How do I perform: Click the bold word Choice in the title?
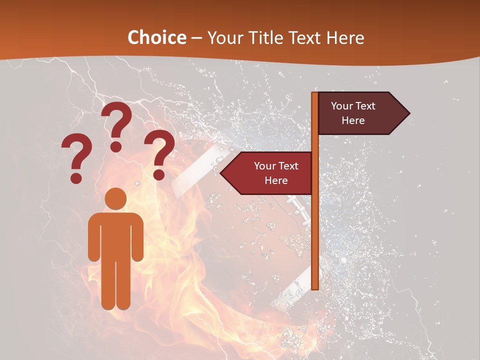click(156, 37)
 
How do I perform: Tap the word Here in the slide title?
click(345, 37)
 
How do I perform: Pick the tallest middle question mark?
click(117, 125)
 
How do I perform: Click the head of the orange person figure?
click(115, 198)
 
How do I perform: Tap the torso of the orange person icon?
click(115, 235)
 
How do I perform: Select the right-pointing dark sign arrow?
click(362, 113)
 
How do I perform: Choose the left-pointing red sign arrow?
click(267, 173)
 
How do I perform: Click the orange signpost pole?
click(315, 225)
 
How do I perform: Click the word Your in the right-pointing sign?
click(342, 106)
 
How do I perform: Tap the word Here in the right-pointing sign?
click(353, 120)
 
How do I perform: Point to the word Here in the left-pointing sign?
click(276, 180)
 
